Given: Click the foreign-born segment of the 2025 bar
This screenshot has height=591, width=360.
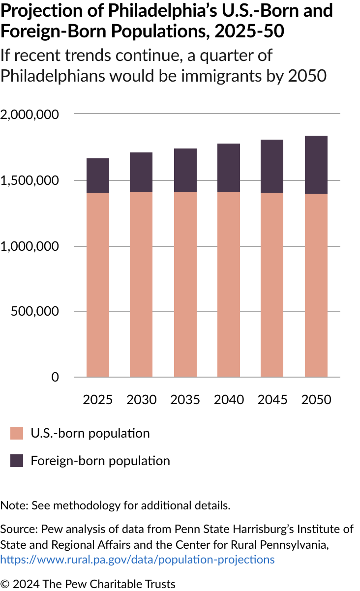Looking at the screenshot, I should [x=98, y=176].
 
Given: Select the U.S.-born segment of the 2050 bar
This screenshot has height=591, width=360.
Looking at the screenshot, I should [x=316, y=285].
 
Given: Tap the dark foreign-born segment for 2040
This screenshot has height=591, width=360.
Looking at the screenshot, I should [x=229, y=168].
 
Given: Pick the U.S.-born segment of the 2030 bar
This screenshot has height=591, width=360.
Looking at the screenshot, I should [x=142, y=284].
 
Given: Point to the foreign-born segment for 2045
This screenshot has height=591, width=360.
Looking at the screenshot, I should [x=272, y=166].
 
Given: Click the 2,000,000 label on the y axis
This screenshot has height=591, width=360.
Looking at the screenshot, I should [x=30, y=115].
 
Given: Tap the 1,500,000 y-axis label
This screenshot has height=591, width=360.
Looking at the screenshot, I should [x=30, y=180].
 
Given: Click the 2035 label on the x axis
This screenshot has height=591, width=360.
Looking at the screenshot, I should [x=185, y=400].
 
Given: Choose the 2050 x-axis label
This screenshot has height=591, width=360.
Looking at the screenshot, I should [x=316, y=400].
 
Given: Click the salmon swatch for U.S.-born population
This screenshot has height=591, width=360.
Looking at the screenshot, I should [x=17, y=433].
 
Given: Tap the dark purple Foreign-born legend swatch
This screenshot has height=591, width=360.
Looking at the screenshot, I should [x=17, y=461].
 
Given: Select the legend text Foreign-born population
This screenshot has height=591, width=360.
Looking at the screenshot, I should [x=100, y=461].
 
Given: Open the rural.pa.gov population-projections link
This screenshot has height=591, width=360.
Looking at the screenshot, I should [x=137, y=560].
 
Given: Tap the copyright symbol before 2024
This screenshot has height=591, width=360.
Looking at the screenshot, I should [x=4, y=584].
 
